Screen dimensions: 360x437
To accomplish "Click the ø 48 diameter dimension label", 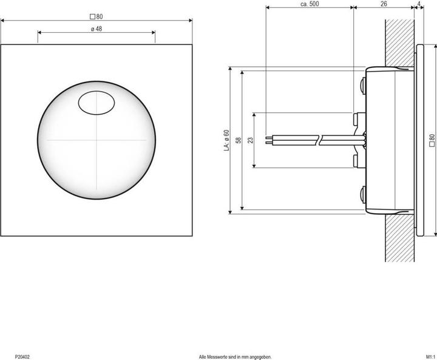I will [x=96, y=29].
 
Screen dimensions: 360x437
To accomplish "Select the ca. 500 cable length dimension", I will [x=310, y=4].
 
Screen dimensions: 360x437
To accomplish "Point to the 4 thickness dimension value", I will [x=420, y=4].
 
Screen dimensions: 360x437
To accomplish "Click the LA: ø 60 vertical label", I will [x=226, y=140].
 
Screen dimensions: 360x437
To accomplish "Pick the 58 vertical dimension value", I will [x=239, y=140].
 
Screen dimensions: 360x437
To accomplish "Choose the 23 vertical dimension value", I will [x=251, y=140].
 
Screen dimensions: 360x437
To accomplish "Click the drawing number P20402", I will [x=22, y=356].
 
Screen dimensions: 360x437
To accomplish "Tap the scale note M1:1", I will [x=429, y=356].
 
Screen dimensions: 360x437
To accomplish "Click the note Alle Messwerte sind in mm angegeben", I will [x=235, y=356].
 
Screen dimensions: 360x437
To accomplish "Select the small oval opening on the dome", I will [x=97, y=102].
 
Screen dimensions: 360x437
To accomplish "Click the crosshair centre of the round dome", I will [x=96, y=140].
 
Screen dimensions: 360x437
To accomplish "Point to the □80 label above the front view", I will [x=96, y=16].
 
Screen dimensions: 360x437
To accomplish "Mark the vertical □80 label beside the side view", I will [x=432, y=140].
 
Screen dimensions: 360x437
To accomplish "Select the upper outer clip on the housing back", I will [x=362, y=84].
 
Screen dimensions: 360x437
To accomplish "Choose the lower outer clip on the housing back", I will [x=362, y=195].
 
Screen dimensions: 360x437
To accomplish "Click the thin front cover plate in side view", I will [x=418, y=140].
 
